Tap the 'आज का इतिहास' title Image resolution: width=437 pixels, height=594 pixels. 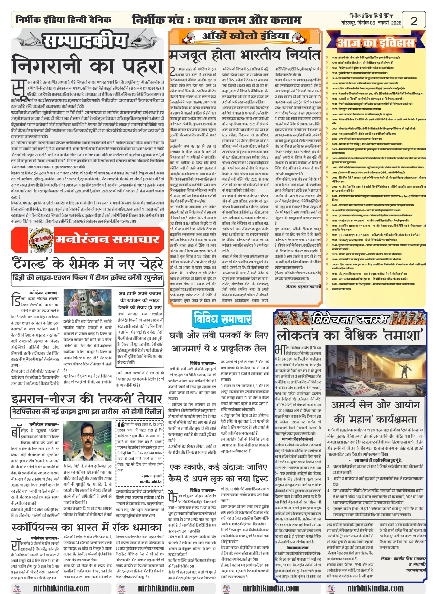point(376,42)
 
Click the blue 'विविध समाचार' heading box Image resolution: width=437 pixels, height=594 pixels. point(222,318)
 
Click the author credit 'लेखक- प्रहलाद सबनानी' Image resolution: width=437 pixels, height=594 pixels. point(303,287)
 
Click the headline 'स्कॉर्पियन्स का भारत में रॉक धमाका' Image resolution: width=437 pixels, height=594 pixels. point(86,527)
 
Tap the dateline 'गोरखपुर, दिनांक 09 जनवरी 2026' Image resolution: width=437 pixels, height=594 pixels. point(371,23)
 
